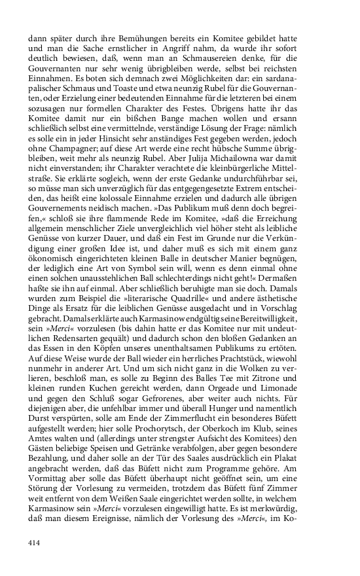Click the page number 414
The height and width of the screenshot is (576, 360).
point(35,543)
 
